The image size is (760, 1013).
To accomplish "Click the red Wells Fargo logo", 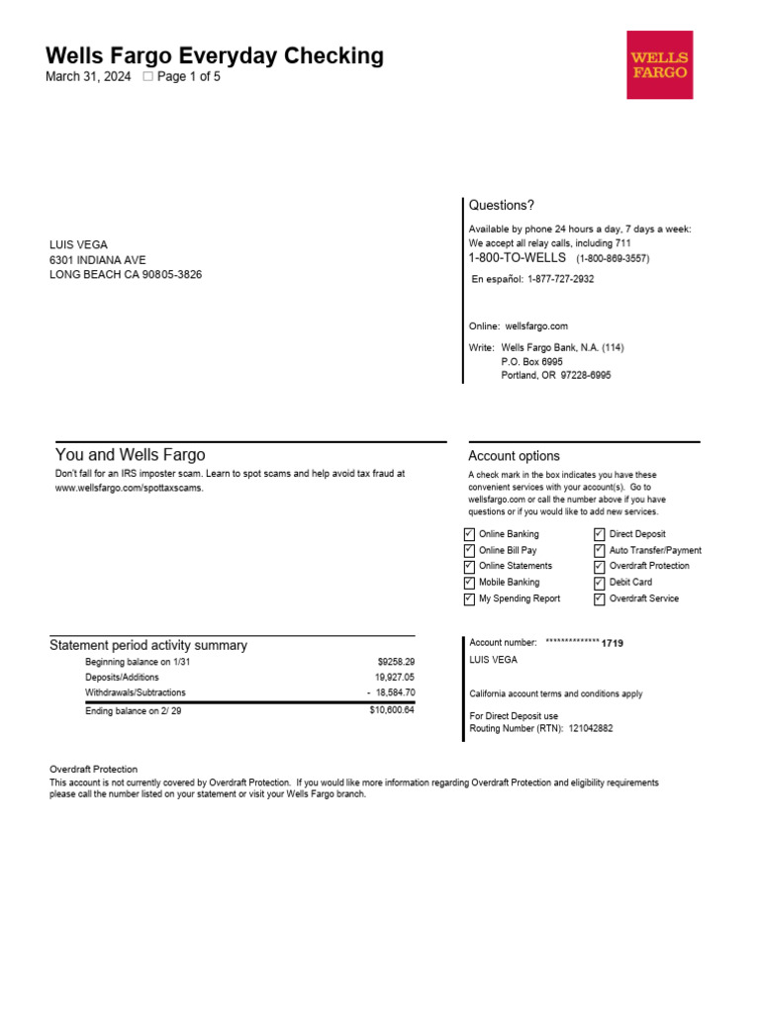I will (659, 64).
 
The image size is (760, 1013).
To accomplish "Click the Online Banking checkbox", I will (469, 534).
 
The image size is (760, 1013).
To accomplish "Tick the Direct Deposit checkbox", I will (600, 534).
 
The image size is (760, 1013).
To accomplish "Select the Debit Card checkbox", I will (600, 583).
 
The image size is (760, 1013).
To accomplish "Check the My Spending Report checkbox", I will (469, 599).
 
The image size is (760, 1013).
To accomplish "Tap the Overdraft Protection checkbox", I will (600, 567).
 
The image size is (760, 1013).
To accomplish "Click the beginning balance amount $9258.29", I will (395, 662).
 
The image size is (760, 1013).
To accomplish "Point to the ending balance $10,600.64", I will (392, 710).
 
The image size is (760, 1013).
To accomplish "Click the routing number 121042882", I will (590, 729).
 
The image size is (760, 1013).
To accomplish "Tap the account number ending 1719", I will (614, 643).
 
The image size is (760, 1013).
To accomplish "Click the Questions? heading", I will (501, 206).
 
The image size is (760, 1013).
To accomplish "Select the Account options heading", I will (514, 456).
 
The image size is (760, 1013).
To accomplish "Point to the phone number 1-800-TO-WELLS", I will (517, 258).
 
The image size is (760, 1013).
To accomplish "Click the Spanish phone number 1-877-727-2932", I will (560, 279).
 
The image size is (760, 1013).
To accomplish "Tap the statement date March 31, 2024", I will (88, 77).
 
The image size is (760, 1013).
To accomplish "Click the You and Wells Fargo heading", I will (130, 455).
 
